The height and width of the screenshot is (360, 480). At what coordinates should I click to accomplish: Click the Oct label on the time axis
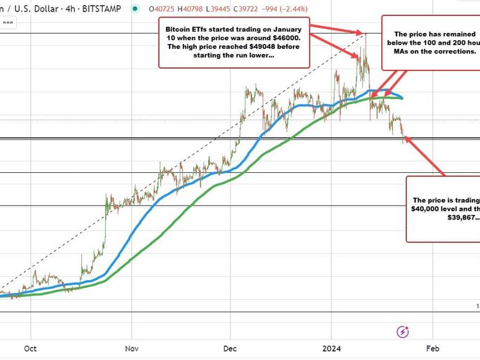(31, 348)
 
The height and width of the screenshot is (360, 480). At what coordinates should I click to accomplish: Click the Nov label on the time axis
(131, 348)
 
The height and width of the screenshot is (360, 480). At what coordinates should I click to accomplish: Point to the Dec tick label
(230, 348)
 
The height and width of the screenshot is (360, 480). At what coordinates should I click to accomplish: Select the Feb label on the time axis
(433, 348)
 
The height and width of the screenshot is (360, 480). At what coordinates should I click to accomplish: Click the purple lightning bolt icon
(403, 330)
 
